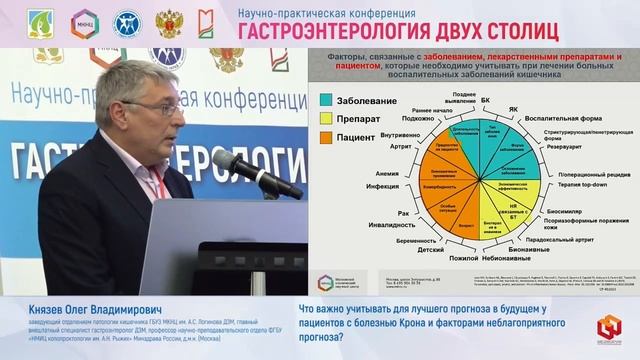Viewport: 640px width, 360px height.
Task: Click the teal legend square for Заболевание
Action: [327, 100]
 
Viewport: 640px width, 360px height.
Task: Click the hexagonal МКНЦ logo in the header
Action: [83, 23]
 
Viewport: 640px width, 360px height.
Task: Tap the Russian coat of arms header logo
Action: [167, 23]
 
